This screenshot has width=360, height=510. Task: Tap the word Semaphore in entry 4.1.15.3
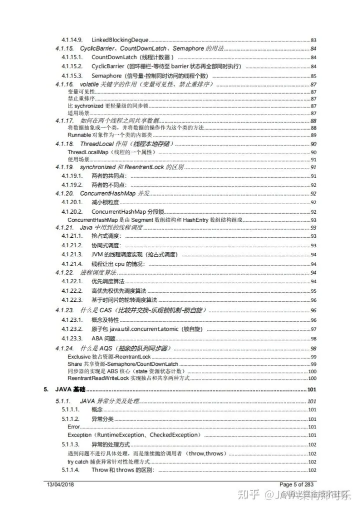[x=107, y=76]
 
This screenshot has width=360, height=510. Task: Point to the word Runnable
[x=77, y=135]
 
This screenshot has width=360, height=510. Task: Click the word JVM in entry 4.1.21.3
[x=97, y=255]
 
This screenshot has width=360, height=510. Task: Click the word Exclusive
[x=78, y=356]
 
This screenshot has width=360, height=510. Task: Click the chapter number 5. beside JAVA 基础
[x=46, y=389]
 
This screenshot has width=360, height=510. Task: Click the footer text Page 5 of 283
[x=296, y=484]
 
